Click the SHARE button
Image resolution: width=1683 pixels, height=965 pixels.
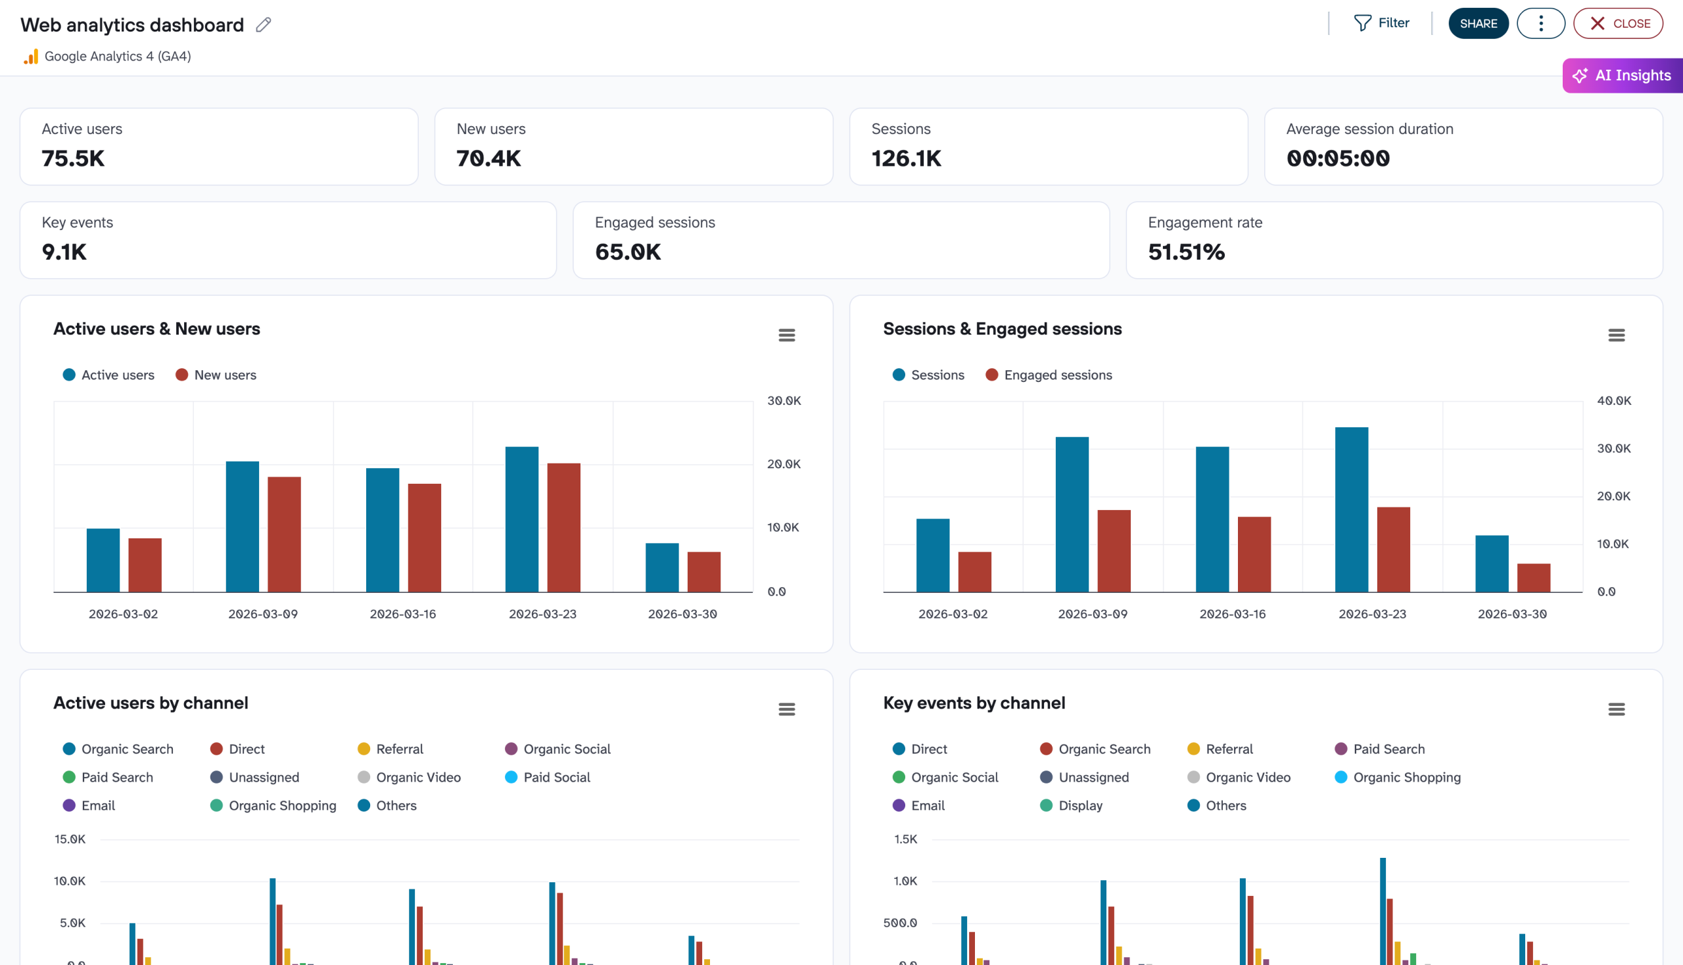pos(1477,23)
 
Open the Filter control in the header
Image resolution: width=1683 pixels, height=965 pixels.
pos(1381,23)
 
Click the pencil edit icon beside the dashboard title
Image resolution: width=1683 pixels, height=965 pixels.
pos(263,24)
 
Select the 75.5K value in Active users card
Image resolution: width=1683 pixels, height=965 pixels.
pos(73,158)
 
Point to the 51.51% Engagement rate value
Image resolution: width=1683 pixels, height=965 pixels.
pos(1186,252)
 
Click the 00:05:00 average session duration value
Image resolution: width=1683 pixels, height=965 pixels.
pos(1338,158)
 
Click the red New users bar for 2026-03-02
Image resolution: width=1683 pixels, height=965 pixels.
pos(145,565)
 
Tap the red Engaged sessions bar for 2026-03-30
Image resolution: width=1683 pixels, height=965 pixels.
pos(1533,577)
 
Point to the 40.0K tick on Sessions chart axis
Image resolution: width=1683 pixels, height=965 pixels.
pos(1613,401)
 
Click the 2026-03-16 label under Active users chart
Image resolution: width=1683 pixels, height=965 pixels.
pos(402,615)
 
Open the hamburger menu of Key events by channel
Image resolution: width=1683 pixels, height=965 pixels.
pos(1616,710)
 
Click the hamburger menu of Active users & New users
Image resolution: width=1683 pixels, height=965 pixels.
pos(786,335)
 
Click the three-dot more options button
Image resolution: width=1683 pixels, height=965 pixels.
pos(1540,23)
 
